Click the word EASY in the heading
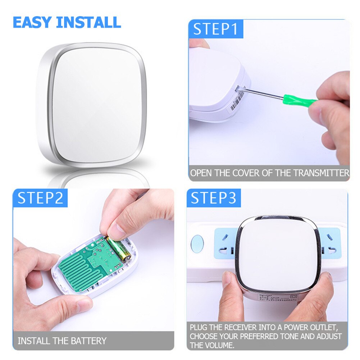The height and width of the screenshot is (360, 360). (x=32, y=22)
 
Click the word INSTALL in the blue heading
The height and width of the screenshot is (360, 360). (x=89, y=22)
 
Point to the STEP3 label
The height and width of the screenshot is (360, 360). (x=214, y=198)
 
